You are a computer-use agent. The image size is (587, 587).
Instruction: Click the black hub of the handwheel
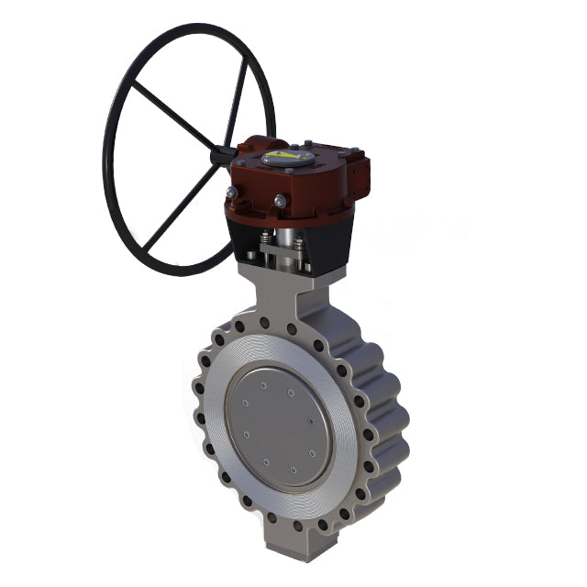pyautogui.click(x=220, y=157)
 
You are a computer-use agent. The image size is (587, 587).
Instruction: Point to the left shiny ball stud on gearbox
pyautogui.click(x=232, y=192)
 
